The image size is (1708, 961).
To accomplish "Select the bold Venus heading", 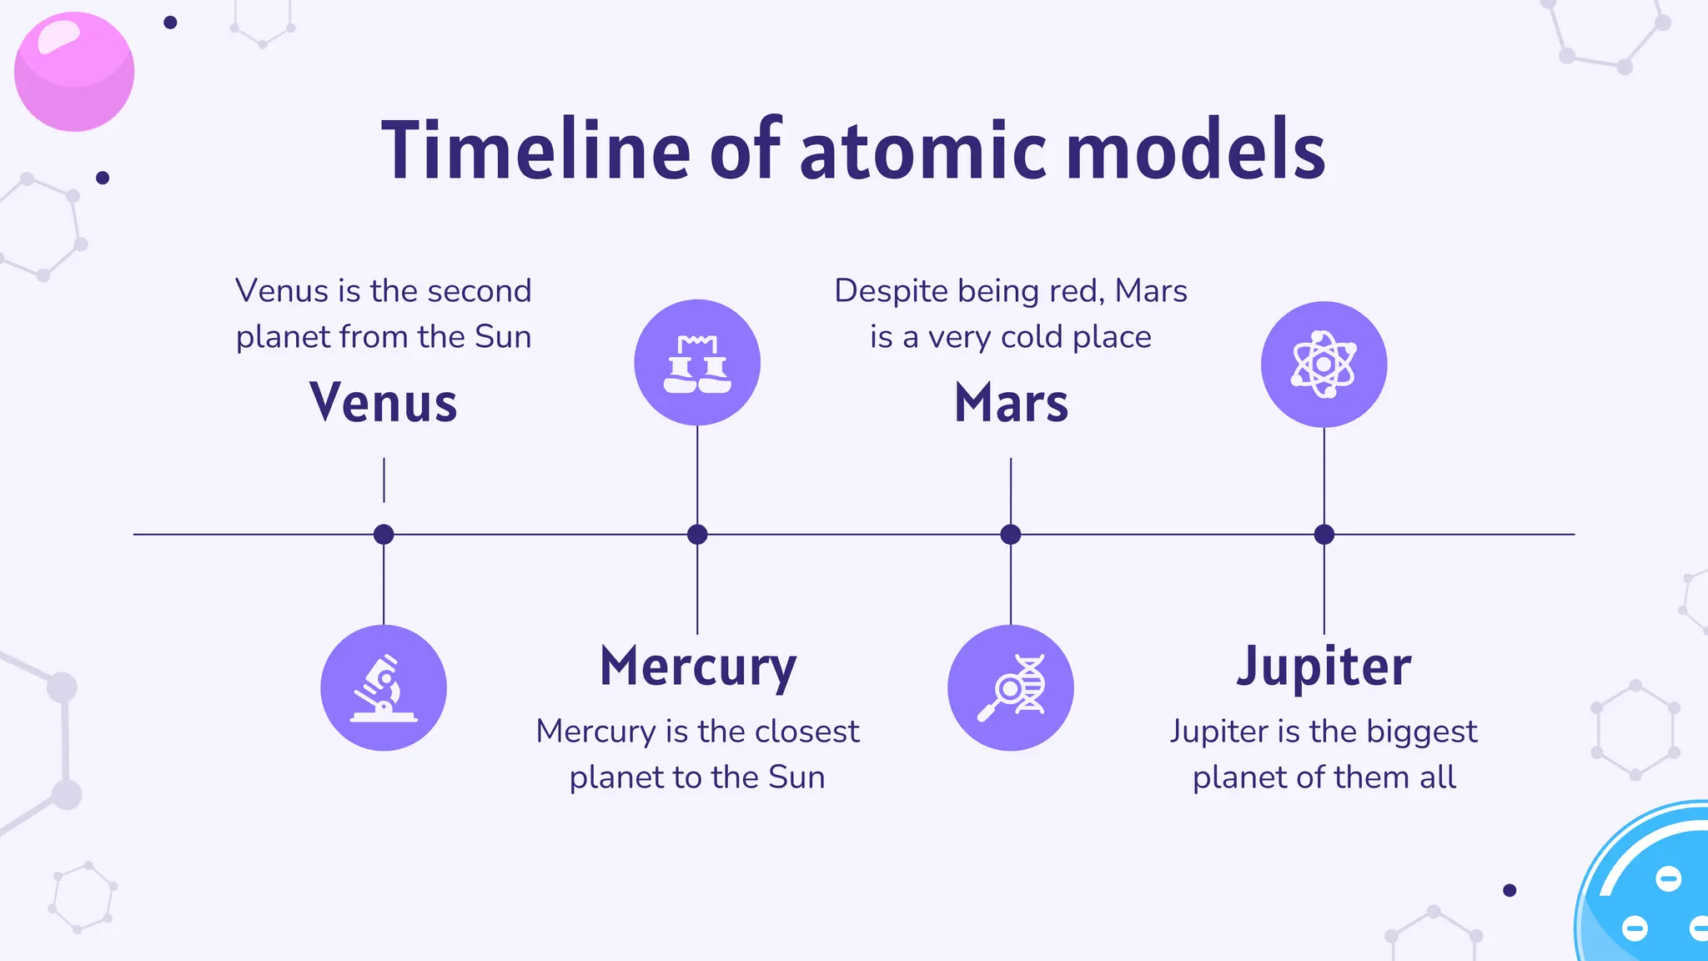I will click(x=384, y=402).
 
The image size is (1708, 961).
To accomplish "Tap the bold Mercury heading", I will click(x=698, y=667).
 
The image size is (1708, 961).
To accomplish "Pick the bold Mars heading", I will click(x=1011, y=402).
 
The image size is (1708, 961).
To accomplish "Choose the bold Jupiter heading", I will click(x=1324, y=667).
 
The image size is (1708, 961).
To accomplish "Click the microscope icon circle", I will click(x=384, y=687).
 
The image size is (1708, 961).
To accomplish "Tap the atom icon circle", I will click(x=1324, y=365).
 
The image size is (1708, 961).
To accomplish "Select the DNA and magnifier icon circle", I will click(x=1011, y=687).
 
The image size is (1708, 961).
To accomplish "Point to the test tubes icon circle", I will click(x=697, y=363).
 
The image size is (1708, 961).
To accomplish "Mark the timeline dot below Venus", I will click(x=384, y=534).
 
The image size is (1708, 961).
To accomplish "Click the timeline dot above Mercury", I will click(x=697, y=534).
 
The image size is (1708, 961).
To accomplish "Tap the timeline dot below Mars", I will click(x=1011, y=534).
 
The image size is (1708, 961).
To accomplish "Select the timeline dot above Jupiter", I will click(x=1324, y=534).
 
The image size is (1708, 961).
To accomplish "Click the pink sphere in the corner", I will click(x=74, y=72).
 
